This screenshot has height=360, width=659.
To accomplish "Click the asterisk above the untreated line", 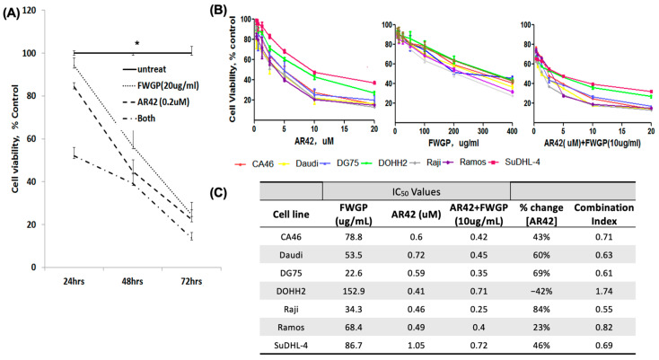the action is pos(136,43).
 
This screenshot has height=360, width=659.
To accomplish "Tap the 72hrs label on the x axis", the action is pos(191,282).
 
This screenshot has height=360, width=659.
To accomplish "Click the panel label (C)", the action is pos(217,193).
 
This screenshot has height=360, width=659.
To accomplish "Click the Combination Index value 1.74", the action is pos(603,291).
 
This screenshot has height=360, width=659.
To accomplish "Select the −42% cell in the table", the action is pos(541,291).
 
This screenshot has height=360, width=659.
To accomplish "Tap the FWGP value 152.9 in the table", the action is pos(355,291).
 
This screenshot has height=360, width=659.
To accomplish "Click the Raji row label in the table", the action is pos(290,310).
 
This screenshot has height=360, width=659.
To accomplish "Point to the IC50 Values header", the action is pos(416,192).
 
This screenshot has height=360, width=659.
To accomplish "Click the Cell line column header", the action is pos(291,215).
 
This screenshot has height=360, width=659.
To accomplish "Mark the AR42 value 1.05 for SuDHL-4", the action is pos(416,346).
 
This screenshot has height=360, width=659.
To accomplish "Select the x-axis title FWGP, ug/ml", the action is pos(453,144).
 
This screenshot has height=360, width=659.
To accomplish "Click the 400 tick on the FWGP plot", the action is pos(512,131).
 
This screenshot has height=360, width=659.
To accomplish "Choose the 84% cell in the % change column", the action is pos(541,309).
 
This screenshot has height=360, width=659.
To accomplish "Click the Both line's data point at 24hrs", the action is pos(74,156).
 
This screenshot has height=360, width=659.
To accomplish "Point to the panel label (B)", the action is pos(218,12).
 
